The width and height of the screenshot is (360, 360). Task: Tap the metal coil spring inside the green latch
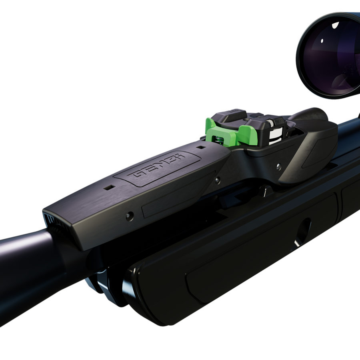coord(218,139)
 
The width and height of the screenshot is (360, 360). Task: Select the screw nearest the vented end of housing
coord(128,216)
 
